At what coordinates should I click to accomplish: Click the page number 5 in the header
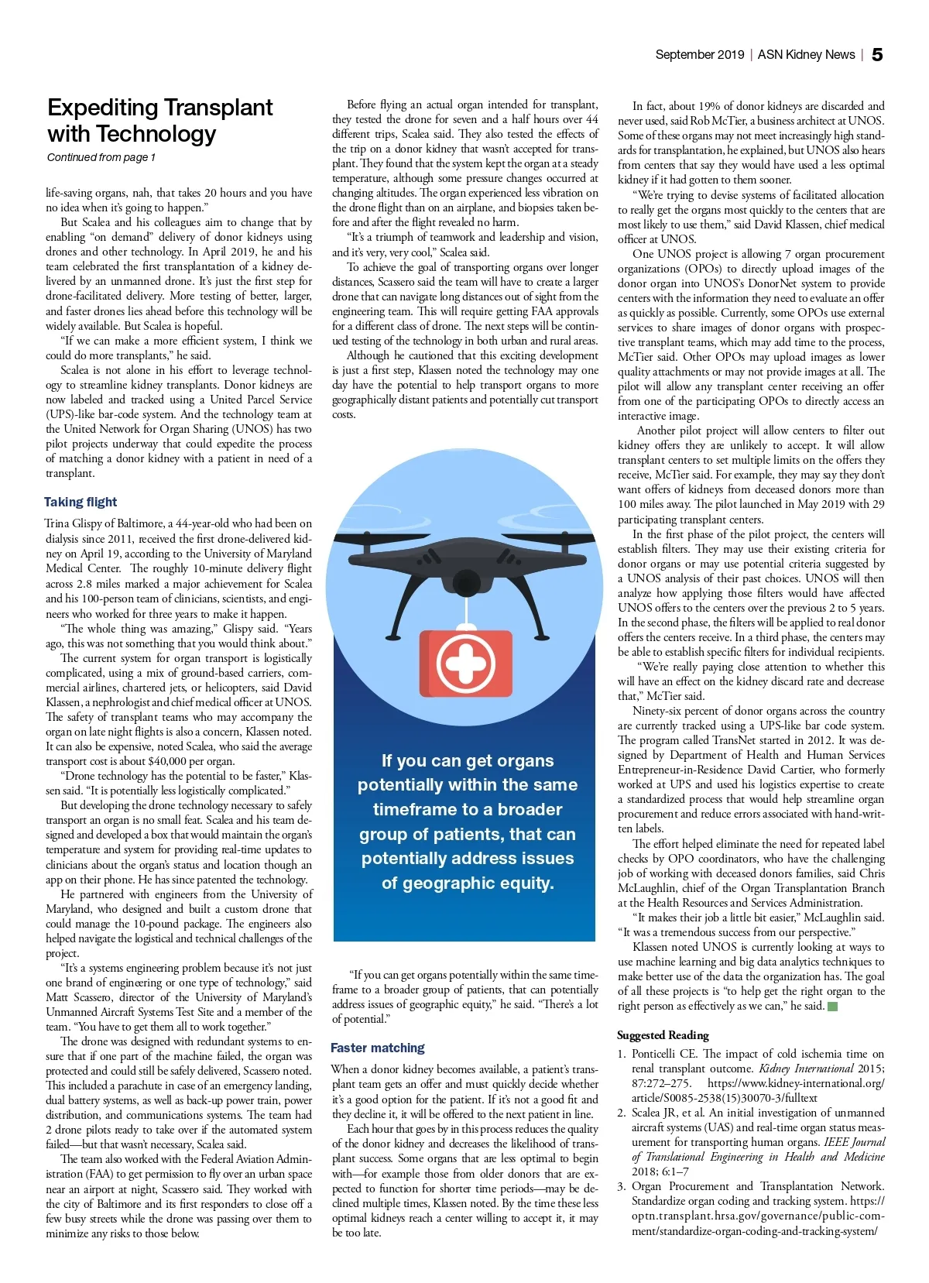[877, 55]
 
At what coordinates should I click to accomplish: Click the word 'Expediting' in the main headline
[103, 108]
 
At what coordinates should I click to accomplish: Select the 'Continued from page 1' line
[101, 158]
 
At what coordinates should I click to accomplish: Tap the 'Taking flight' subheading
[81, 502]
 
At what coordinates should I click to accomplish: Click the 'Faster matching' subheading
[377, 1048]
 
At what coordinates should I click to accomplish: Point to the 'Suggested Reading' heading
[663, 1035]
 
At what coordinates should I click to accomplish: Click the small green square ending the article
[833, 1007]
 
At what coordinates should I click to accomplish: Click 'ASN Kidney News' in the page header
[806, 55]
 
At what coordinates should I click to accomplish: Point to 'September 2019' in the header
[699, 55]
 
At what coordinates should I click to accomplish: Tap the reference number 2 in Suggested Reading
[622, 1113]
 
